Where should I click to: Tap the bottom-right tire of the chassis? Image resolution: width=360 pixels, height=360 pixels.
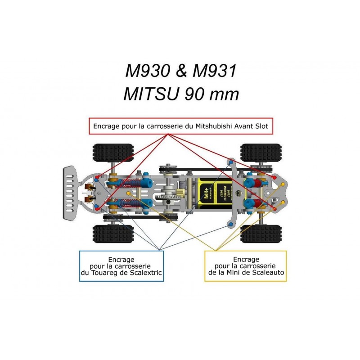255,234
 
